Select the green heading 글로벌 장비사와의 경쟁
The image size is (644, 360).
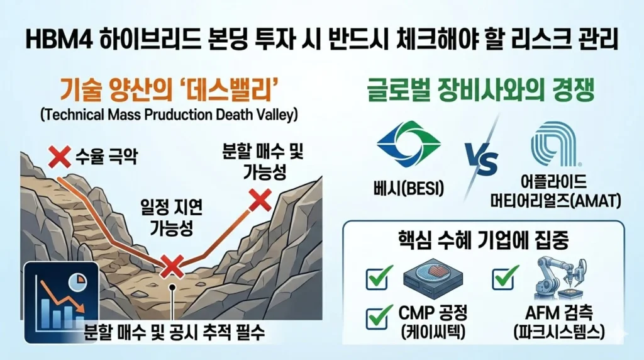(x=480, y=91)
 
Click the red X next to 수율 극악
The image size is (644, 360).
(x=60, y=157)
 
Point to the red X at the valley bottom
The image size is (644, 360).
(x=172, y=267)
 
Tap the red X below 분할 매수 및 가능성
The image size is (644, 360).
(x=260, y=200)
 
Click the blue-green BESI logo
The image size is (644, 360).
(x=409, y=143)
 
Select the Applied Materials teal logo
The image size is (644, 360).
(x=555, y=143)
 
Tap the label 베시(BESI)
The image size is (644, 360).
(x=409, y=189)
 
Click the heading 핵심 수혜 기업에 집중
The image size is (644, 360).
(x=484, y=240)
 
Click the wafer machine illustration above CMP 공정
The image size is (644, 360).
(x=433, y=278)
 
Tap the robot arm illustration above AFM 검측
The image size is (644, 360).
(x=562, y=278)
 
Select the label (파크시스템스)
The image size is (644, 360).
(x=559, y=332)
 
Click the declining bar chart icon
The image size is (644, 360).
(x=61, y=302)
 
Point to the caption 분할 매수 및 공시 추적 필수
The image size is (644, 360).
(x=174, y=332)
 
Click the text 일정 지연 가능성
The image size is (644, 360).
(x=171, y=218)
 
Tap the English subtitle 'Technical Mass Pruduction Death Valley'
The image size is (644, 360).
(x=169, y=115)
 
